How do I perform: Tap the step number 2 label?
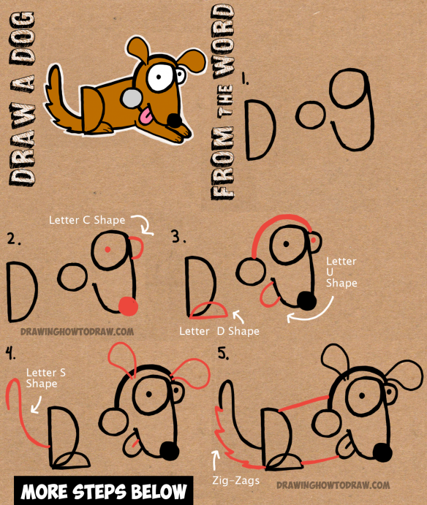(13, 238)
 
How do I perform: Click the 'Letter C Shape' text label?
(87, 219)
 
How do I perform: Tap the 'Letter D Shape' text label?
(219, 331)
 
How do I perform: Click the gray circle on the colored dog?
(131, 99)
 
